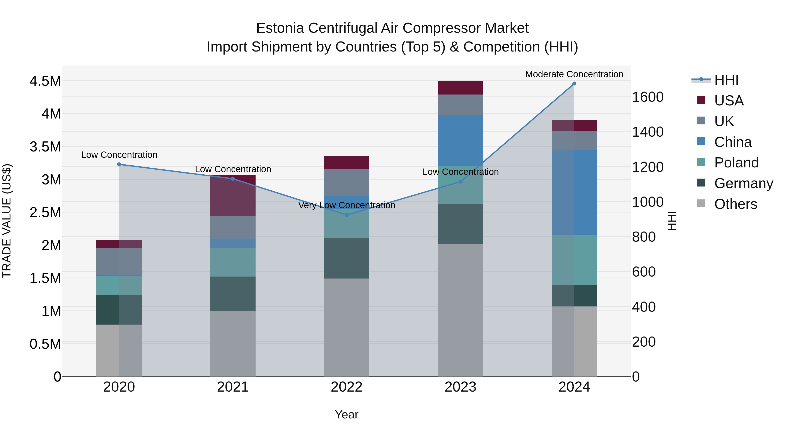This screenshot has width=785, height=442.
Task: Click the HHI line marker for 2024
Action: click(x=574, y=84)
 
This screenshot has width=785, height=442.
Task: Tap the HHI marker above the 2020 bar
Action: click(x=119, y=164)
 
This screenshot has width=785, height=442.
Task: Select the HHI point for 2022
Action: click(x=346, y=215)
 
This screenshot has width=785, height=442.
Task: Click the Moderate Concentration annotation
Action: click(x=574, y=74)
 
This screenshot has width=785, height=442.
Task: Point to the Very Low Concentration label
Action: click(x=346, y=205)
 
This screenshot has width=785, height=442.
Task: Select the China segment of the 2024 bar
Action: click(x=574, y=192)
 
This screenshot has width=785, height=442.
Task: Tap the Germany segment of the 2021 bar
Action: click(x=233, y=294)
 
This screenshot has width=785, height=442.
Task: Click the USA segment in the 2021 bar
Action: click(x=233, y=195)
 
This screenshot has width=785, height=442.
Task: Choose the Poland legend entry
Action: click(x=736, y=163)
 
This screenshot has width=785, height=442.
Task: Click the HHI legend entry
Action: click(x=726, y=80)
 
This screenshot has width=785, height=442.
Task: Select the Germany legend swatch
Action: click(x=701, y=183)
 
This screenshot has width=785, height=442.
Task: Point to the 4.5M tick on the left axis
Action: click(x=45, y=81)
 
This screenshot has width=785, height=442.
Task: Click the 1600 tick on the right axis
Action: click(x=648, y=97)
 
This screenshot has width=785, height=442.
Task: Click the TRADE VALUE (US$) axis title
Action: click(x=7, y=221)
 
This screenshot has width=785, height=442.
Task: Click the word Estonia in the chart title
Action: click(x=280, y=28)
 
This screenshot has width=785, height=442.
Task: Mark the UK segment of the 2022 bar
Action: click(x=346, y=182)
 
